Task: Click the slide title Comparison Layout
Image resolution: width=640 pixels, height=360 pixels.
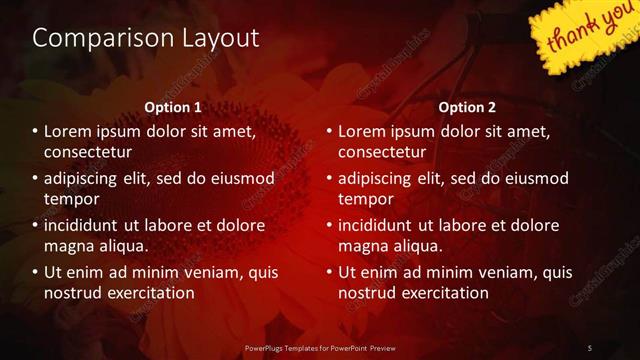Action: point(146,38)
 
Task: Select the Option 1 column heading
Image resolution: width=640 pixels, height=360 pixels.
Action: point(173,106)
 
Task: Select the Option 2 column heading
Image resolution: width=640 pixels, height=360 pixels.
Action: point(467,106)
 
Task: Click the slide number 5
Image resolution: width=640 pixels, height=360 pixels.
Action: point(590,347)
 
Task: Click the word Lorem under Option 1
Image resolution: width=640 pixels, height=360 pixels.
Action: point(69,131)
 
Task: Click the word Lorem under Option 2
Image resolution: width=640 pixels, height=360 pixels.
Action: point(363,131)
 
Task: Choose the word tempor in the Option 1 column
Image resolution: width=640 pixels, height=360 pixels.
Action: point(68,199)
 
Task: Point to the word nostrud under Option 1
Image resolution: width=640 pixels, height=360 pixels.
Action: point(71,293)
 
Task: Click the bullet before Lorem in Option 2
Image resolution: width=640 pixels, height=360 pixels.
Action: point(329,132)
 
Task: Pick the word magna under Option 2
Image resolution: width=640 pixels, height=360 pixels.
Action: point(362,246)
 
